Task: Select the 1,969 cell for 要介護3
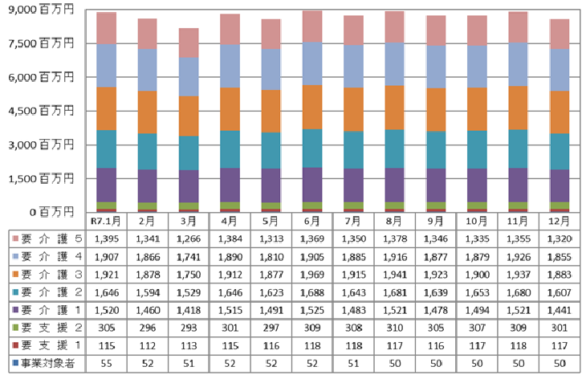pyautogui.click(x=310, y=275)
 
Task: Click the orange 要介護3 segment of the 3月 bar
pyautogui.click(x=188, y=116)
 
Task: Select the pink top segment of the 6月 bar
pyautogui.click(x=310, y=26)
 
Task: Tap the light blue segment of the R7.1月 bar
pyautogui.click(x=106, y=65)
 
